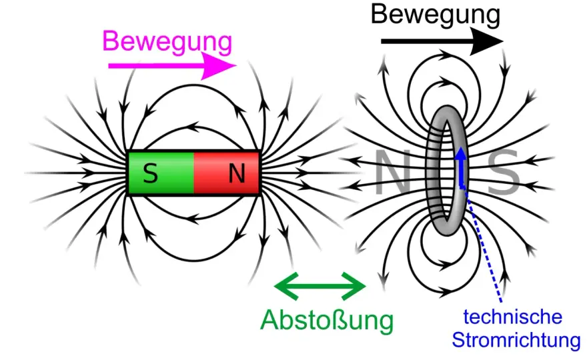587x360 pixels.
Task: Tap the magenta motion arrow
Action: pos(173,66)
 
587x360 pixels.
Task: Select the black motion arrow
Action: pos(442,41)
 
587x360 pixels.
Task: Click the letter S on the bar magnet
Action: pos(151,173)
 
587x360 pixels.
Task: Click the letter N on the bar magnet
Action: pos(237,173)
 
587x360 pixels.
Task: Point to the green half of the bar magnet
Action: pos(161,173)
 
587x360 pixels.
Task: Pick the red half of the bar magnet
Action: pos(227,173)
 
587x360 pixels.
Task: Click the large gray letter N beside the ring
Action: pos(393,172)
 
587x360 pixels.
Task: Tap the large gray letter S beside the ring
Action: pos(504,172)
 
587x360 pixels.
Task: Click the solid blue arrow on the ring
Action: pos(462,167)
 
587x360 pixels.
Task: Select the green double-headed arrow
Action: pos(320,286)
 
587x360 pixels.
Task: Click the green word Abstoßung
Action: pos(328,320)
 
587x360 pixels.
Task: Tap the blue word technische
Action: pos(512,317)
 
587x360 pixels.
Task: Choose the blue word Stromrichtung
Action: pos(516,340)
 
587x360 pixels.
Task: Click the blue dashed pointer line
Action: pos(483,245)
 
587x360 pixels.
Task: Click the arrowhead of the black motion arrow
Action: pos(487,41)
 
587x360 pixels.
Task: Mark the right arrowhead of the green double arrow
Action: pos(354,286)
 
